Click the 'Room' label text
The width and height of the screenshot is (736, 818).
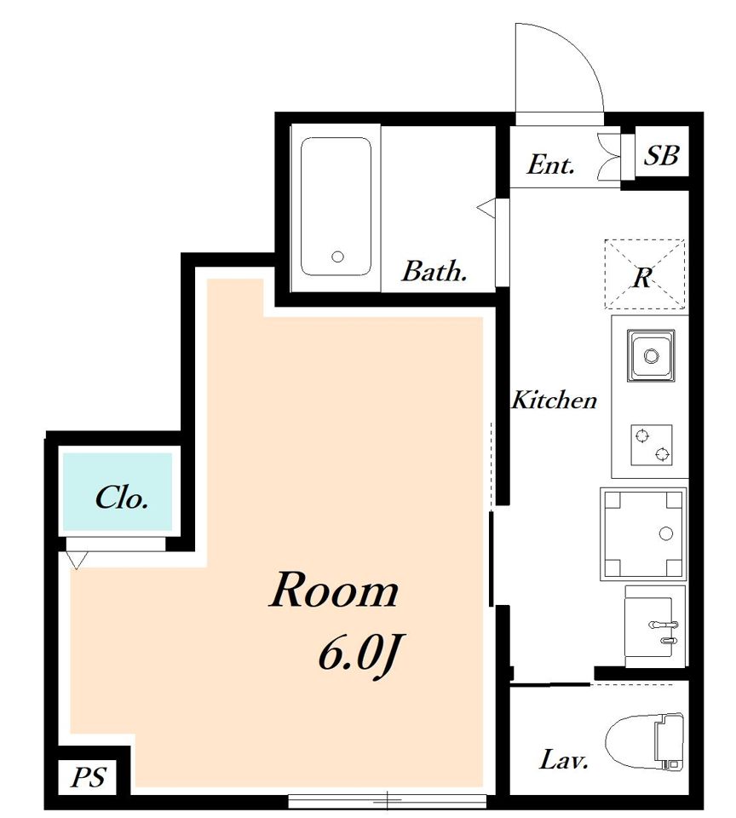coord(334,590)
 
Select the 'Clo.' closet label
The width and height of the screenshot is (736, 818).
coord(122,498)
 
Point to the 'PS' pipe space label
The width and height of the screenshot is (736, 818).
coord(89,777)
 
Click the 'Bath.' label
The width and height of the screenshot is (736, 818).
coord(434,271)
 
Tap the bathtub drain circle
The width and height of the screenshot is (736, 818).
coord(338,256)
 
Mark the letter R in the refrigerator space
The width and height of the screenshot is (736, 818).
coord(643,278)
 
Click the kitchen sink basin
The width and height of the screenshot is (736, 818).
coord(651,356)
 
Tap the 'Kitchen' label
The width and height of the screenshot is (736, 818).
coord(554,400)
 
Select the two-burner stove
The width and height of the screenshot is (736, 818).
coord(651,445)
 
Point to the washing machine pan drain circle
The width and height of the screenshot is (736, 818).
coord(665,533)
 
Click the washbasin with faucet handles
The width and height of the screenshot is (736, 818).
coord(654,626)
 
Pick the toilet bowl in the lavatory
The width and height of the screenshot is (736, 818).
coord(645,741)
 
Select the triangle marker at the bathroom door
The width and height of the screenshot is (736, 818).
coord(486,207)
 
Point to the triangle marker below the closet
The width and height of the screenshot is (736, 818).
coord(76,560)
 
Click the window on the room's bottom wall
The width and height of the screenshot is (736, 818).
coord(387,799)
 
